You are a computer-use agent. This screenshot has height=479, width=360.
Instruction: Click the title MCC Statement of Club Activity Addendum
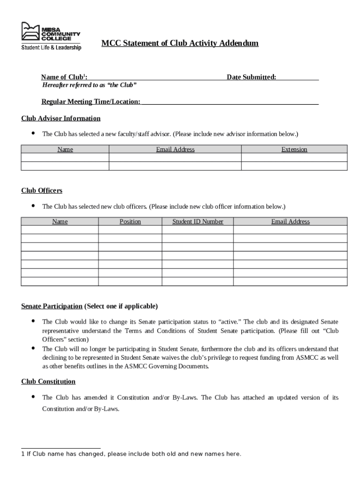click(180, 44)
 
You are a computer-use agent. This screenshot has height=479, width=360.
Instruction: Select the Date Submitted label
click(251, 77)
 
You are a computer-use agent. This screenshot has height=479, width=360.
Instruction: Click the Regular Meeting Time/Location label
click(91, 102)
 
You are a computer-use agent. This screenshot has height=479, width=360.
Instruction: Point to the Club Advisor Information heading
click(61, 118)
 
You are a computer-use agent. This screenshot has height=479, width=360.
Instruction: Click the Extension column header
click(294, 149)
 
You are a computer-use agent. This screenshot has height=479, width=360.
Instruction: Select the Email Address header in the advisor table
click(175, 149)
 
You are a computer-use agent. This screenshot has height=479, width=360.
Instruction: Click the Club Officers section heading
click(42, 190)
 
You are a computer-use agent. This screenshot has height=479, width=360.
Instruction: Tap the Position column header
click(130, 221)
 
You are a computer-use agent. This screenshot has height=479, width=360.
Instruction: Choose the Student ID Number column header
click(197, 221)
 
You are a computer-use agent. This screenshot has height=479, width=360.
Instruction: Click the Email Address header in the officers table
click(290, 221)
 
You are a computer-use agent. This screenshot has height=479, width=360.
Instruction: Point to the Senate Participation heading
click(51, 306)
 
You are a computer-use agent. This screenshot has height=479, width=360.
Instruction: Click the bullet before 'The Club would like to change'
click(33, 321)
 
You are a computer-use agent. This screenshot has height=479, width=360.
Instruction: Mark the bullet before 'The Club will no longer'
click(33, 348)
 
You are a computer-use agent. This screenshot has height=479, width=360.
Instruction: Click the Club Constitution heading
click(48, 381)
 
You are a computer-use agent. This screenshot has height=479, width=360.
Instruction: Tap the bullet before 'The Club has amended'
click(33, 397)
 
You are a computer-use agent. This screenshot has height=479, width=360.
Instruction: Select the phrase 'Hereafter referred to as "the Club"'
click(89, 85)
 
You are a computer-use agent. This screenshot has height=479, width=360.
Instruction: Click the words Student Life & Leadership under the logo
click(51, 47)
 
